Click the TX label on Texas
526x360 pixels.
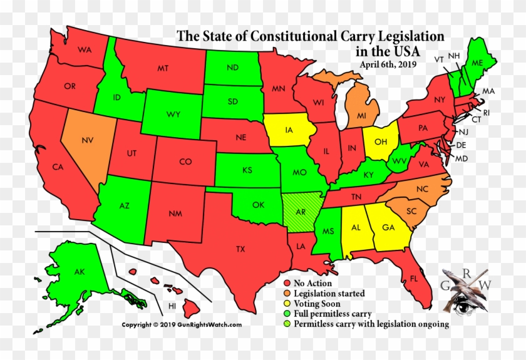coord(240,249)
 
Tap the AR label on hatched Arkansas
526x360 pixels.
coord(301,212)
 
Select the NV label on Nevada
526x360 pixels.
coord(87,140)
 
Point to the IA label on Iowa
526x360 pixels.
coord(289,131)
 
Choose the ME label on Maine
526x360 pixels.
coord(477,63)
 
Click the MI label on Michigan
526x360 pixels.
coord(362,116)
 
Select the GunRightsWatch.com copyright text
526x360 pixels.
coord(182,324)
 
